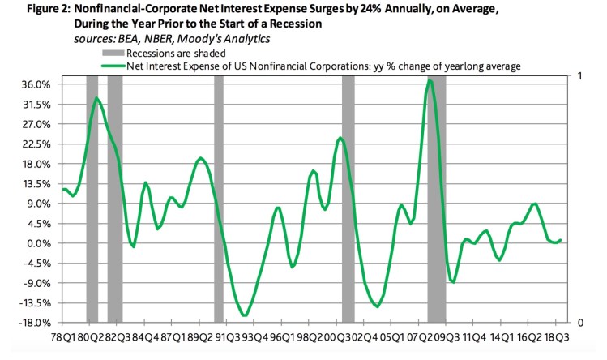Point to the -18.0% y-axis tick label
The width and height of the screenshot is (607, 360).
point(40,323)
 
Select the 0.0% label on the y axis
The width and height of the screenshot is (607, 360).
point(43,243)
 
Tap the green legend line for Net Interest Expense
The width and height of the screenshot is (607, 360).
point(112,66)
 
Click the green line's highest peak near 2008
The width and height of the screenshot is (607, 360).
point(430,79)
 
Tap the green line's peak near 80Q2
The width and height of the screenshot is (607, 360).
point(96,98)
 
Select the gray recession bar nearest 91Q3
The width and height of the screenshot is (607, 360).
point(218,199)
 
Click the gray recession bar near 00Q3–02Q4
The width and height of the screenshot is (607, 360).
point(348,199)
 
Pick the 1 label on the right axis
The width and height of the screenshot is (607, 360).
point(576,76)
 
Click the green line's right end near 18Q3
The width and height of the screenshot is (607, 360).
point(561,240)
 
